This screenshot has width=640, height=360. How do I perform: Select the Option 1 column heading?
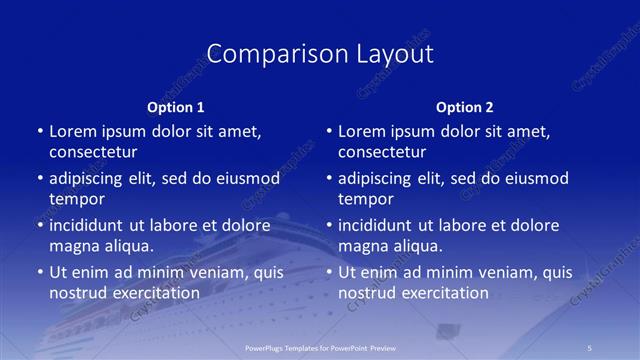tap(176, 107)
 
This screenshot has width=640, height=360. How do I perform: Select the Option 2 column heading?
tap(465, 107)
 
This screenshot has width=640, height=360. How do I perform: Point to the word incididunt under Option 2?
tap(381, 225)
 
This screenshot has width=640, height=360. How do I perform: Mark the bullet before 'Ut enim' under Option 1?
tap(39, 272)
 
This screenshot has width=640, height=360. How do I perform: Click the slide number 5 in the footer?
tap(590, 346)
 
